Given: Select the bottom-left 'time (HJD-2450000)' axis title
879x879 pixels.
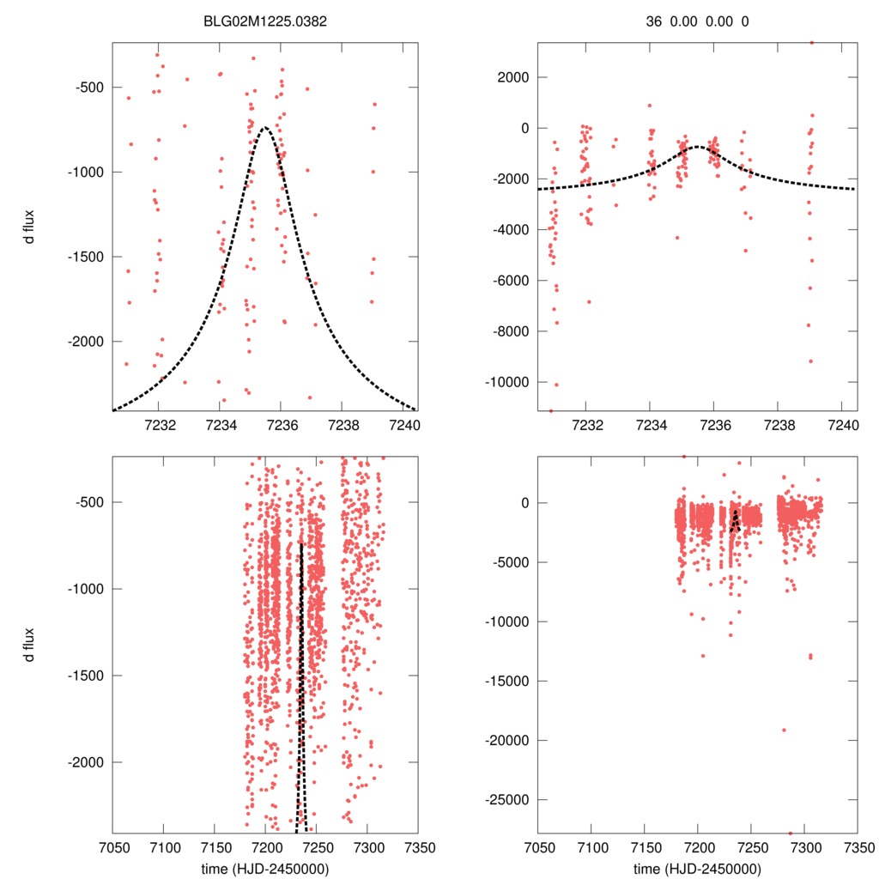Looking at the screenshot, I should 264,869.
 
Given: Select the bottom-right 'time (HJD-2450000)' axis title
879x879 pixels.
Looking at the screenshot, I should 698,869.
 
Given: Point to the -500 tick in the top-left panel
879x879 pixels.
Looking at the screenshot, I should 88,88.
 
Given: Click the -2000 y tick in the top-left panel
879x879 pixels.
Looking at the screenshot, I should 85,342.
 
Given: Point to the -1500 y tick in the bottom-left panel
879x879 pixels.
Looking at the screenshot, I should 85,676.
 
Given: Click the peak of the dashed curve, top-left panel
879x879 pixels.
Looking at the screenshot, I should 265,128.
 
